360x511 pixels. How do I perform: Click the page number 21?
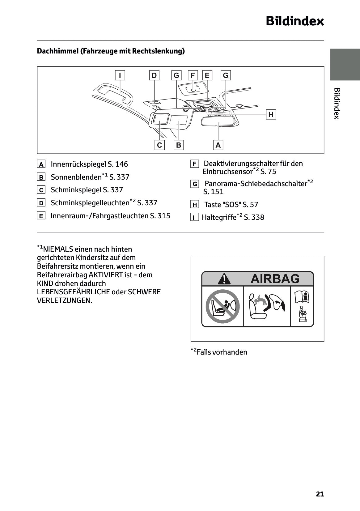coord(320,494)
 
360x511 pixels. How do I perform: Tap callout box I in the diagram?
coord(120,75)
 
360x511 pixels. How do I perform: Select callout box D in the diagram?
coord(154,75)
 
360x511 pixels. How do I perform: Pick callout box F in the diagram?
coord(193,75)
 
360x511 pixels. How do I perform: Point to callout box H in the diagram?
coord(271,115)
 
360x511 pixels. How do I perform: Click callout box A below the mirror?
coord(218,145)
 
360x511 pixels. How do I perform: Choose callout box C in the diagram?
coord(159,145)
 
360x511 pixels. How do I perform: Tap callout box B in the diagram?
coord(178,145)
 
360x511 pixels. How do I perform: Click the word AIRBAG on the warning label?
coord(275,279)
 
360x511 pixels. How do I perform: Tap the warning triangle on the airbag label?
coord(224,279)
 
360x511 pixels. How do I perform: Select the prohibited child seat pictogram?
coord(222,306)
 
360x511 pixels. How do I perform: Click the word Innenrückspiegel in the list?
coord(78,164)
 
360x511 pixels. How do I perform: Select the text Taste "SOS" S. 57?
coord(231,205)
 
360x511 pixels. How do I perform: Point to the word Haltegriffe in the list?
coord(219,217)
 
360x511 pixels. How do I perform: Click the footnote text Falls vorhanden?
coord(222,352)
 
